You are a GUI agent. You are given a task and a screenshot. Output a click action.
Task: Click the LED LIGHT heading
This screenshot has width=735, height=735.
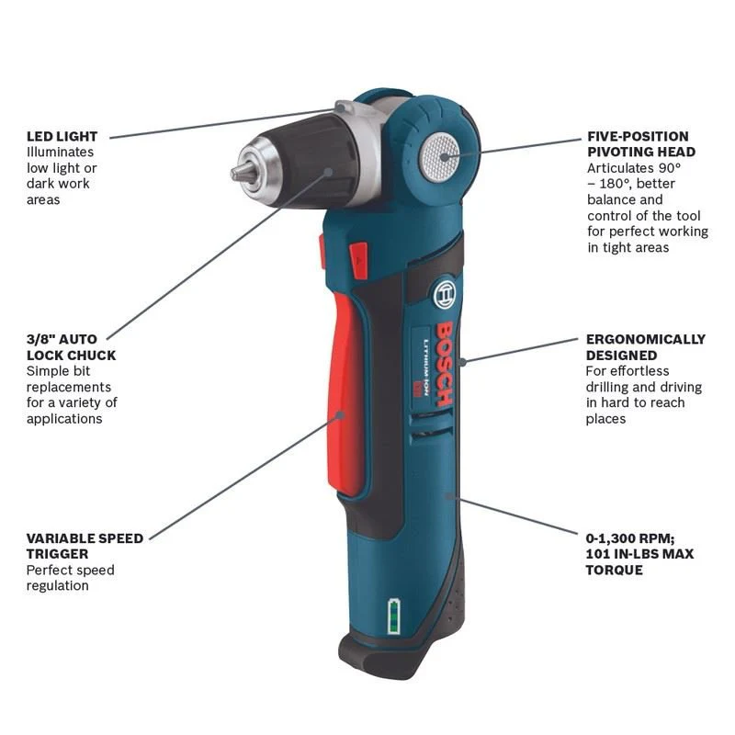pos(62,136)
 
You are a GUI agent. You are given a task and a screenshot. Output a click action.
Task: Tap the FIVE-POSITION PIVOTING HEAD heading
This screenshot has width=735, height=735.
pos(641,144)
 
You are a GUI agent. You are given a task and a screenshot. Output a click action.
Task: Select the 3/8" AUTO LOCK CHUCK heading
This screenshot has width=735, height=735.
pos(71,347)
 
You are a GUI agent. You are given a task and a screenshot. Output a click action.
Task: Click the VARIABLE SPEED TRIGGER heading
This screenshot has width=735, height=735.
pos(85,546)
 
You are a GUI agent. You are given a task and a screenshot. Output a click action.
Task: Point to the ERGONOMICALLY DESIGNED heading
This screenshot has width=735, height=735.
pos(646,347)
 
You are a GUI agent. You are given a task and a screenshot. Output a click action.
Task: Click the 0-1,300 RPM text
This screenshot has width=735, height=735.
pos(630,538)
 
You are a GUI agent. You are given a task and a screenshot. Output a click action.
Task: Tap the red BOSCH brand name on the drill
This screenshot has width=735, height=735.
pos(444,364)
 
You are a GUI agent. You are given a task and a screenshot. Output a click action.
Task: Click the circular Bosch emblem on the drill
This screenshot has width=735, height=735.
pos(444,295)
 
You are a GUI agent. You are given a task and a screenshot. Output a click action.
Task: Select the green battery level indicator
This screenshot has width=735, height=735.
pos(394,616)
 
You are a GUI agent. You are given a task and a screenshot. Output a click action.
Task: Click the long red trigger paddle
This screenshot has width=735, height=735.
pos(347,394)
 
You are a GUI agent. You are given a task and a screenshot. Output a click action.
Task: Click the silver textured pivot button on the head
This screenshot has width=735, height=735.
pos(439,157)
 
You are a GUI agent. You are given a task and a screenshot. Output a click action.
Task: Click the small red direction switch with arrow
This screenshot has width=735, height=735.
pos(359,260)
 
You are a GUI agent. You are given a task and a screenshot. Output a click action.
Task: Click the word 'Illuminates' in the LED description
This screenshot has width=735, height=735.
pos(60,152)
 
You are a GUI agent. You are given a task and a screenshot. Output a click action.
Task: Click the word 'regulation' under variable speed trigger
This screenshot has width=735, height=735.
pos(57,585)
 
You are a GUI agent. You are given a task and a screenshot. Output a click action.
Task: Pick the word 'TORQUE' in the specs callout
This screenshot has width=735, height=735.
pos(614,570)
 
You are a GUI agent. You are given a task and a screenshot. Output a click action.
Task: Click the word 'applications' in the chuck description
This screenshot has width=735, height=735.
pos(64,419)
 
